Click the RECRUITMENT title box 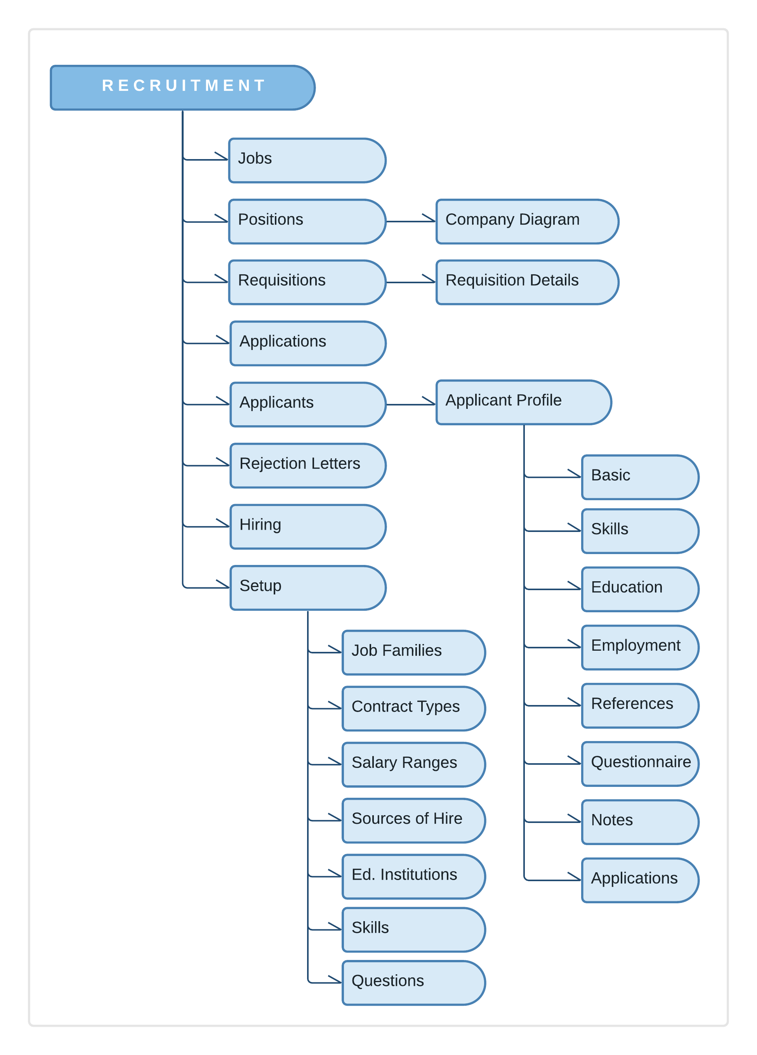182,87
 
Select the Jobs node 307,160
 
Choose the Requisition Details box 527,282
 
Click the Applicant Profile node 523,402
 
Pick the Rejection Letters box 307,466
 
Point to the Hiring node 307,527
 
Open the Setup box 307,587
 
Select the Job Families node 413,652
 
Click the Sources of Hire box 413,821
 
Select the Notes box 640,822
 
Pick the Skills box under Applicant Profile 640,531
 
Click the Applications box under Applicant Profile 640,880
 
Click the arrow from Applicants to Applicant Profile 410,404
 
